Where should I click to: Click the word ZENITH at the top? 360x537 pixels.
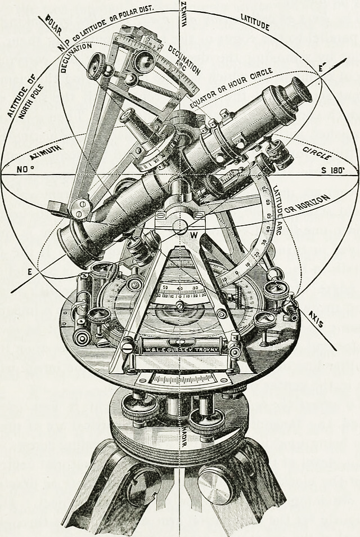[x=186, y=13]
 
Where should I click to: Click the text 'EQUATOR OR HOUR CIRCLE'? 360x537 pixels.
[x=231, y=88]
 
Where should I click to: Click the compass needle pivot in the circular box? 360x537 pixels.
[x=179, y=306]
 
